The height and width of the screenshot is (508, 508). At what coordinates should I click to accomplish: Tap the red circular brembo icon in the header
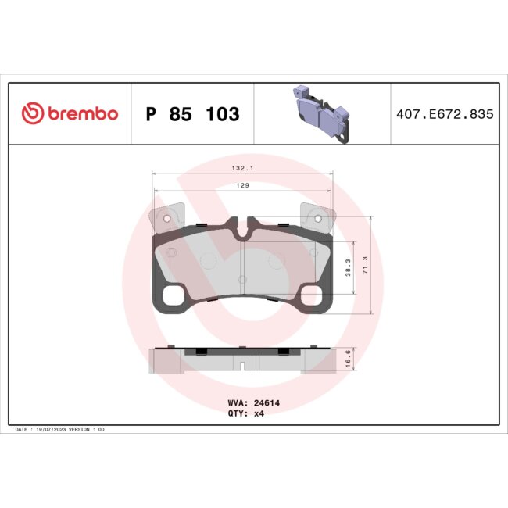[x=30, y=114]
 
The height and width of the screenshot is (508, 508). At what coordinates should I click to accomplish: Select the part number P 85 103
[x=192, y=114]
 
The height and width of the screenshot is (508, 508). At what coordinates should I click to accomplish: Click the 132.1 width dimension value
[x=241, y=168]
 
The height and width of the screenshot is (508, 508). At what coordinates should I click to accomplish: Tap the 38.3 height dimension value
[x=347, y=267]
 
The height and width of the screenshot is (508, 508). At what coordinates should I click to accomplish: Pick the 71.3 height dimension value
[x=367, y=267]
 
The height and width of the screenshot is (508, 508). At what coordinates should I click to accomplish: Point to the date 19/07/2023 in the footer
[x=53, y=430]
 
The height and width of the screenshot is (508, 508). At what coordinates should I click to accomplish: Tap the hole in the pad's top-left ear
[x=166, y=218]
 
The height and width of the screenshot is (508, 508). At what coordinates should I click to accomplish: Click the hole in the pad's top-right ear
[x=317, y=218]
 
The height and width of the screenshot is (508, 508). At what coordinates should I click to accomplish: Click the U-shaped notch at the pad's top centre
[x=242, y=230]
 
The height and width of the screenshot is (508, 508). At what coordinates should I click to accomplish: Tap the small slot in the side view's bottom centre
[x=242, y=366]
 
